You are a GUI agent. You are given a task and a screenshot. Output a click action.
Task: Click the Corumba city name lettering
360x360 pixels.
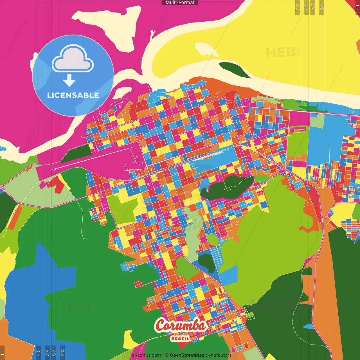180,326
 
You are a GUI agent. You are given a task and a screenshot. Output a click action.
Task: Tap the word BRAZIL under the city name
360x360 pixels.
180,338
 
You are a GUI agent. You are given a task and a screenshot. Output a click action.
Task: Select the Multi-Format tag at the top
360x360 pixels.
180,3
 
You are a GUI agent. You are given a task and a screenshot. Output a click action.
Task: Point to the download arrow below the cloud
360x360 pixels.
69,80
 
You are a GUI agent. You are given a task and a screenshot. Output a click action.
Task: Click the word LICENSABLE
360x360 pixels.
73,95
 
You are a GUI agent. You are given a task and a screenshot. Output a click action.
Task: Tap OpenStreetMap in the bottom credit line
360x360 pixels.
187,355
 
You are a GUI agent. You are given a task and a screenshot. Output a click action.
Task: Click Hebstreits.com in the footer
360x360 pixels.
145,355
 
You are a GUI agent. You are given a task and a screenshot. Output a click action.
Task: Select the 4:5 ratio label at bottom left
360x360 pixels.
38,352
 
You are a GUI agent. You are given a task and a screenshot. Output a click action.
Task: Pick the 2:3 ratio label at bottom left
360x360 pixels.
62,352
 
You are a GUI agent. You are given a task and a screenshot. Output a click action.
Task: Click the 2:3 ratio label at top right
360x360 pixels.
298,7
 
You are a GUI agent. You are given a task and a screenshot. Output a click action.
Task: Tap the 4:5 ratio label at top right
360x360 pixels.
322,7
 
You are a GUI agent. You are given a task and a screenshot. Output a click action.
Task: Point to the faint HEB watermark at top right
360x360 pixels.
281,53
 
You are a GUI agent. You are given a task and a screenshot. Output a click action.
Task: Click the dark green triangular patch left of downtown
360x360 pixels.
76,153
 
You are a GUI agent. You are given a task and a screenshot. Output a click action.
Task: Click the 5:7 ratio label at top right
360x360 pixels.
306,7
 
